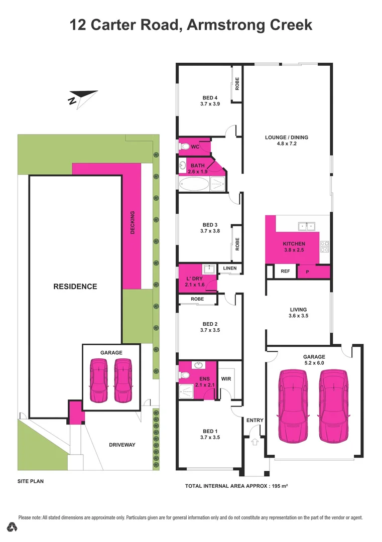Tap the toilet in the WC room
[184, 147]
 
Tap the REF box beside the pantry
[285, 271]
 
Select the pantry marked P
[308, 272]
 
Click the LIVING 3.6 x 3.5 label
[298, 313]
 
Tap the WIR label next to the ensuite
[226, 379]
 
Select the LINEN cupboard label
[230, 268]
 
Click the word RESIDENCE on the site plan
[75, 287]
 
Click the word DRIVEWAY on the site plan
[122, 445]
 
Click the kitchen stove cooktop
[324, 246]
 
